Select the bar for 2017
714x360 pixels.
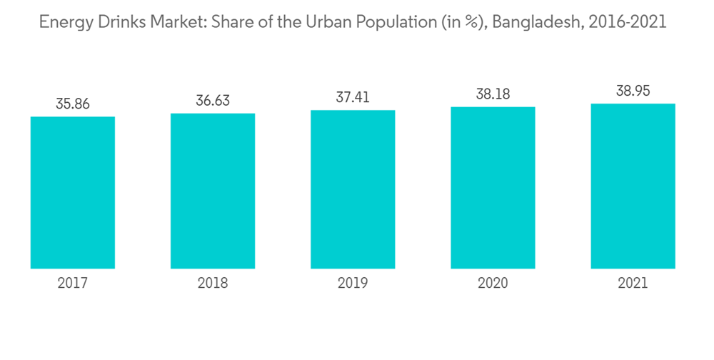73,192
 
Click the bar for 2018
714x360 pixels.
213,191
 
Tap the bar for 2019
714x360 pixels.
353,189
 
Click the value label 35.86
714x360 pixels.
73,104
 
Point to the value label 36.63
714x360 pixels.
213,101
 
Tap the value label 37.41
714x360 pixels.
353,97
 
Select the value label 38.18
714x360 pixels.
493,94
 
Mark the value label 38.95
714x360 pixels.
633,91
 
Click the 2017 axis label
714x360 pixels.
73,284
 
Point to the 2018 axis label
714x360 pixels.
213,284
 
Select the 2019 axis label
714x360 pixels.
353,284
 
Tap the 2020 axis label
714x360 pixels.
493,284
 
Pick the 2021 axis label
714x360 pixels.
633,284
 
